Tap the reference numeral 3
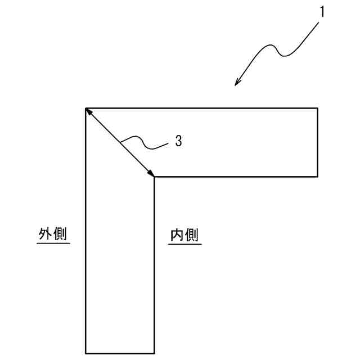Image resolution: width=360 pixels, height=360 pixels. tap(178, 141)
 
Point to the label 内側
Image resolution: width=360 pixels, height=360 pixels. tap(184, 235)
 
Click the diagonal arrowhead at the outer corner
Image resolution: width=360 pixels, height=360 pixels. tap(89, 111)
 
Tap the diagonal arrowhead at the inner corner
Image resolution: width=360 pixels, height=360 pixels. tap(151, 173)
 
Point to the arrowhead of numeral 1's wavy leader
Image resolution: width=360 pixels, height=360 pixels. tap(237, 83)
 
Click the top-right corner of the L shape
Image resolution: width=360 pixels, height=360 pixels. tap(318, 107)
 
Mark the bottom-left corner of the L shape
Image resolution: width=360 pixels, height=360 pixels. tap(85, 353)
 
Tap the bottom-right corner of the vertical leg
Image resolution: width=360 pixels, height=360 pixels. tap(155, 353)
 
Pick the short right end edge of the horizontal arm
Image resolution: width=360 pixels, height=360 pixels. tap(318, 142)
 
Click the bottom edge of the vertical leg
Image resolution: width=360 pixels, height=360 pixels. tap(120, 353)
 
